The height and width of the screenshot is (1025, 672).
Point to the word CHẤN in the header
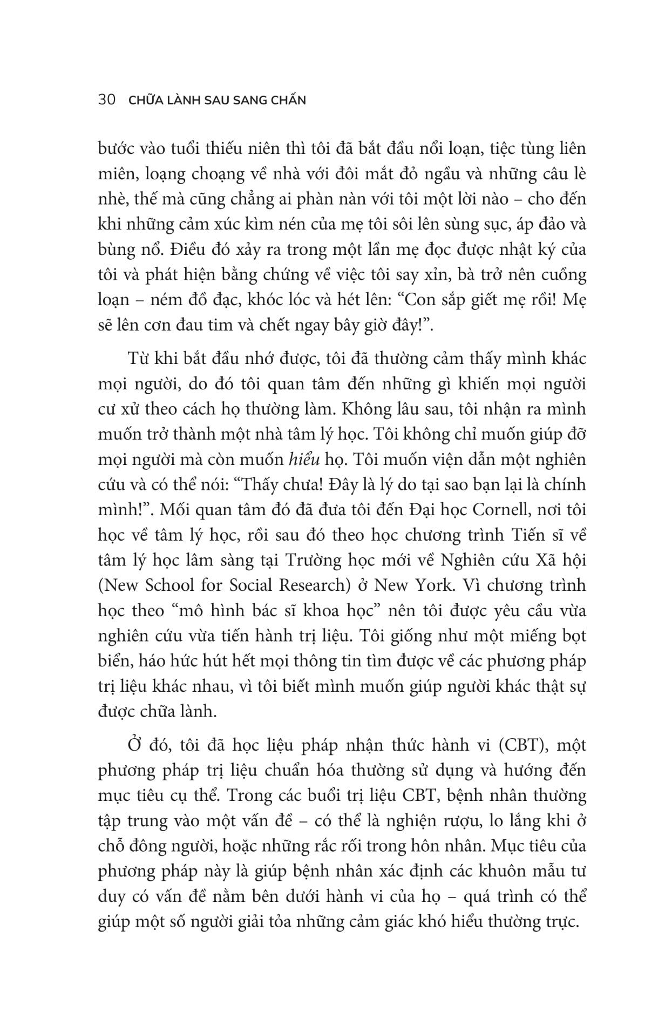click(287, 100)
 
